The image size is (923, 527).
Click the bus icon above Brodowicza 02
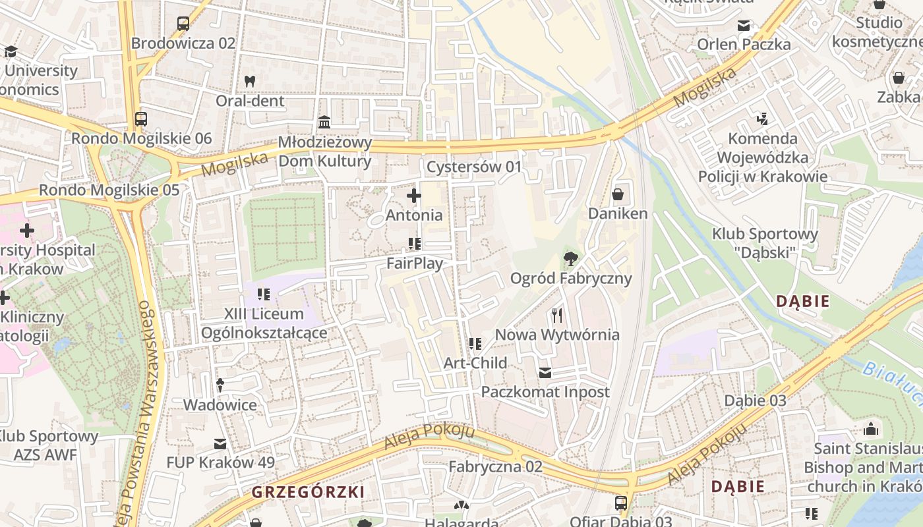coord(183,24)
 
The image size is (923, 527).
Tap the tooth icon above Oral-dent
coord(250,82)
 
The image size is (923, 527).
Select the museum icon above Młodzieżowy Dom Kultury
coord(324,123)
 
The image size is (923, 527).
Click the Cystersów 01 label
coord(473,167)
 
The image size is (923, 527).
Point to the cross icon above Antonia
coord(414,196)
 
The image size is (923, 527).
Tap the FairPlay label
coord(414,263)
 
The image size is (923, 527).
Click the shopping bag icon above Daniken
coord(618,194)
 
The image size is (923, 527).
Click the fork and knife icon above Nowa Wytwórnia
coord(557,316)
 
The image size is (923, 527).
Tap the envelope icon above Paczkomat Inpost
coord(545,373)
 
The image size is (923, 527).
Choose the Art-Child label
coord(475,363)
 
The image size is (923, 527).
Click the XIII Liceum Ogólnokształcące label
coord(264,323)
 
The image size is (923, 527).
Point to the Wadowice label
coord(220,404)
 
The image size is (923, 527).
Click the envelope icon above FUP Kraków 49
coord(220,444)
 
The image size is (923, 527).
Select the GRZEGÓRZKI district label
coord(308,492)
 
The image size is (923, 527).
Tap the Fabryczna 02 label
coord(495,467)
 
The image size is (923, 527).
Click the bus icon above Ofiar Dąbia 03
coord(621,504)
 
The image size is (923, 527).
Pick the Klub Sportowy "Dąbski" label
coord(764,243)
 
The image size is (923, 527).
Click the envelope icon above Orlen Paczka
coord(744,26)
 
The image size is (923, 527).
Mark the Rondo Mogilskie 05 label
coord(109,190)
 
